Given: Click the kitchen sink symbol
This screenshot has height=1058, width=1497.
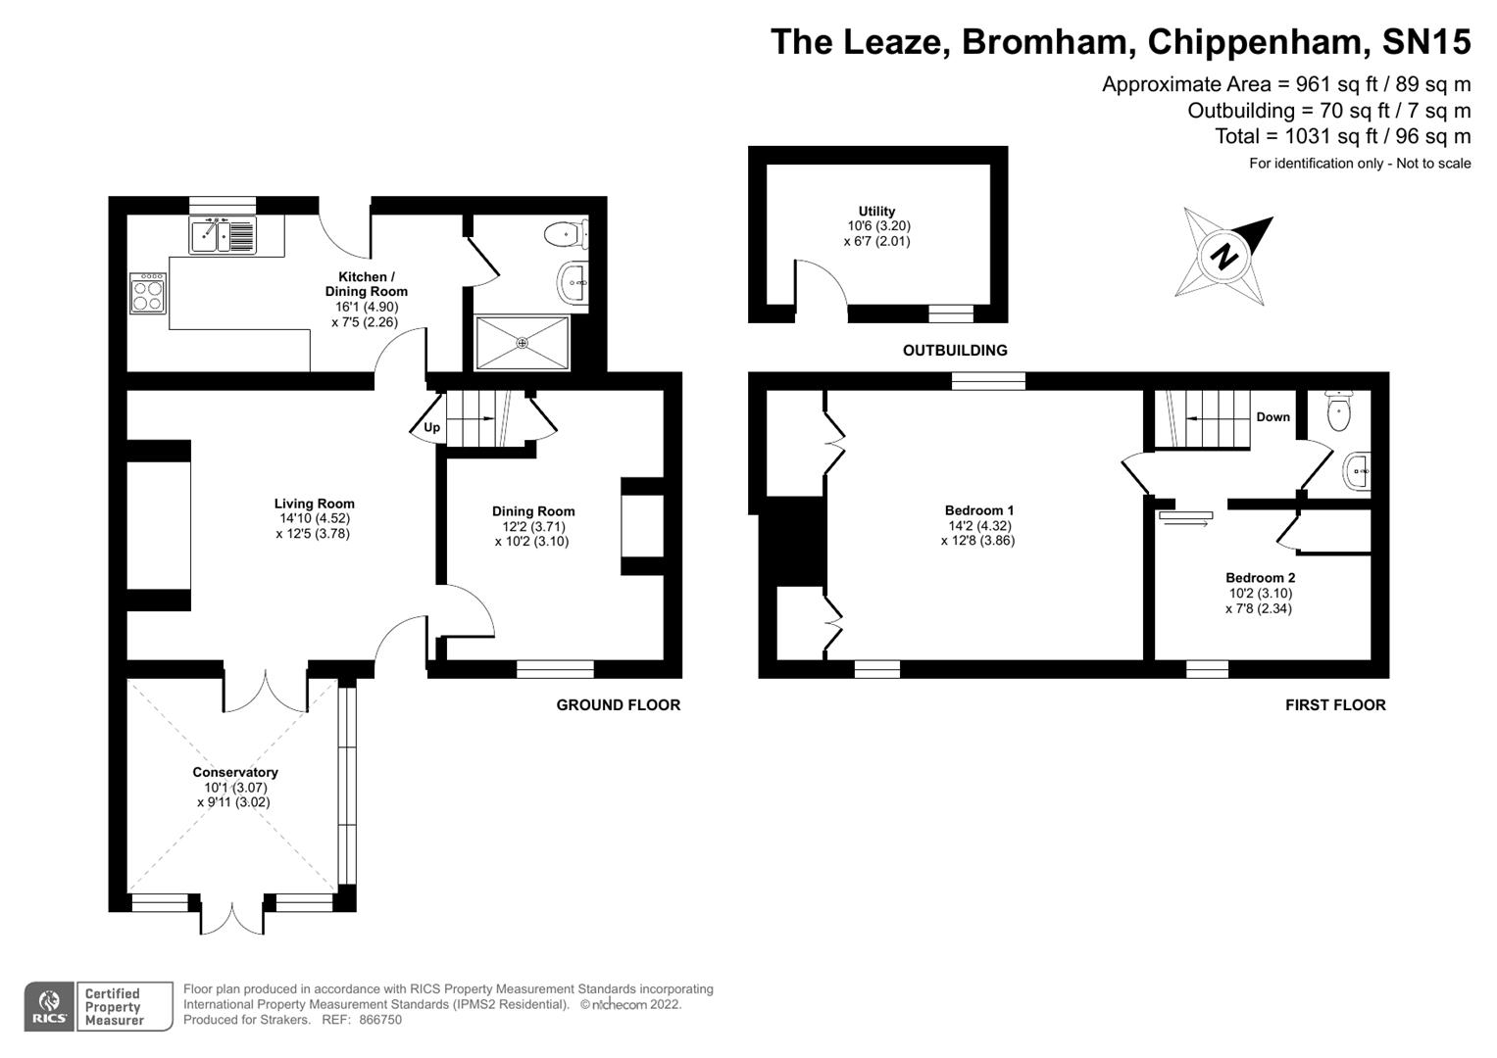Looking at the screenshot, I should tap(222, 236).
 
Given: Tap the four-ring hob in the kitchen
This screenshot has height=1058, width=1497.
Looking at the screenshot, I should tap(147, 293).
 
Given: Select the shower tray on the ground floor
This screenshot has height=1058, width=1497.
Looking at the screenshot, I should tap(522, 343).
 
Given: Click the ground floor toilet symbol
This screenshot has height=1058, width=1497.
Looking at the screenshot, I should tap(564, 235).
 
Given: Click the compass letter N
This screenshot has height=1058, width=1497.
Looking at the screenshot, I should tap(1223, 258).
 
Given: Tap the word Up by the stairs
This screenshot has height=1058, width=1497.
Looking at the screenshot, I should tap(431, 427).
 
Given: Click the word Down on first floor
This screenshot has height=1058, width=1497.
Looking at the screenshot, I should tap(1272, 417).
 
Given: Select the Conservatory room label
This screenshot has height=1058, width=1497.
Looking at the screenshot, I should tap(235, 772).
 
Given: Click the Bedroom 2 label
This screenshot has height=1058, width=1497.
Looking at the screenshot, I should tap(1260, 578).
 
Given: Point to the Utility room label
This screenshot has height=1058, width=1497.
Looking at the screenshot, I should tap(876, 211).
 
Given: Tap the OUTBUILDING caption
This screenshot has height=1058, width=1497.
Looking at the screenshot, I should tap(954, 351).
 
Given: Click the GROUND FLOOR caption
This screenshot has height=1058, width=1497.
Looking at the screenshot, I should tap(618, 705).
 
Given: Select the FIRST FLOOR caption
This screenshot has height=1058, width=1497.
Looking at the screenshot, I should tap(1335, 705).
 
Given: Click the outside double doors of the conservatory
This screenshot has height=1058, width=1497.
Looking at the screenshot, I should tap(232, 918).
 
